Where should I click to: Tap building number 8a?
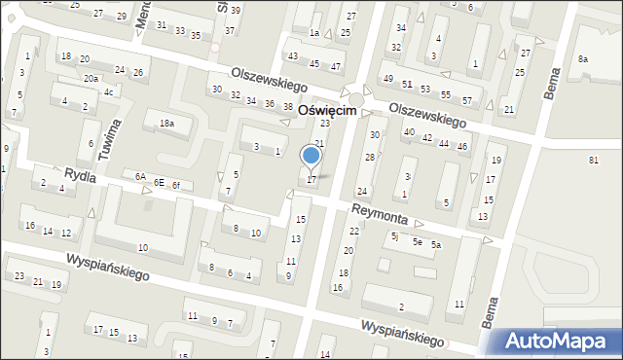coord(582,59)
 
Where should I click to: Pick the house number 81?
coord(593,159)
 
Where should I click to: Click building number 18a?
coord(167,124)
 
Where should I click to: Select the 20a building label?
coord(91,78)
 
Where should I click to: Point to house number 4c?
coord(110,92)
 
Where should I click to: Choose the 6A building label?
coord(140,177)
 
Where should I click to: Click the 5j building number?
coord(394,235)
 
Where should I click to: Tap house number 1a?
coord(314,33)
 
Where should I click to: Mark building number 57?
coord(467,101)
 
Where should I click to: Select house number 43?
coord(292,56)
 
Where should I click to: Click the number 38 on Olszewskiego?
coord(287,106)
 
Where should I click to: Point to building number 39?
coord(234,10)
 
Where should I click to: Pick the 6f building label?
coord(175,185)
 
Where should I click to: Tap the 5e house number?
coord(417,241)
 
